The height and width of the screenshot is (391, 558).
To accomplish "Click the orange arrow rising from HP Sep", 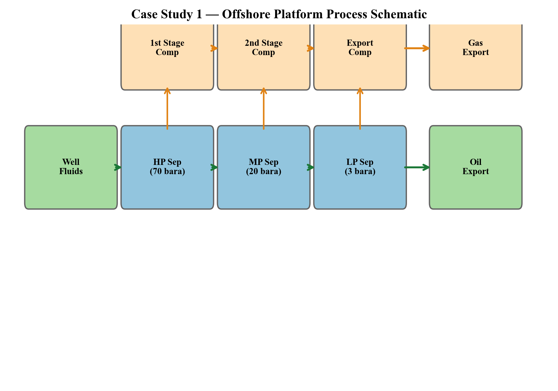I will [167, 108].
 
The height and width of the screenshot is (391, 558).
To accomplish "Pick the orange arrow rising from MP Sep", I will [263, 108].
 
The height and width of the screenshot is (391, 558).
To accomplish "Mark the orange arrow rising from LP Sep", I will [360, 108].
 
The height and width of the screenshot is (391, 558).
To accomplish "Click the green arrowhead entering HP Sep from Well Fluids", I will [118, 167].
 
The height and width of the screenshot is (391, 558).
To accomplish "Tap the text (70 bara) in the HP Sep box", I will [167, 172].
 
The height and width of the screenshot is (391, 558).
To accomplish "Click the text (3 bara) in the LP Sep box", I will [360, 172].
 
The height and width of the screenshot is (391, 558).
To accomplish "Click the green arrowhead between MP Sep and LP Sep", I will [311, 167].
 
